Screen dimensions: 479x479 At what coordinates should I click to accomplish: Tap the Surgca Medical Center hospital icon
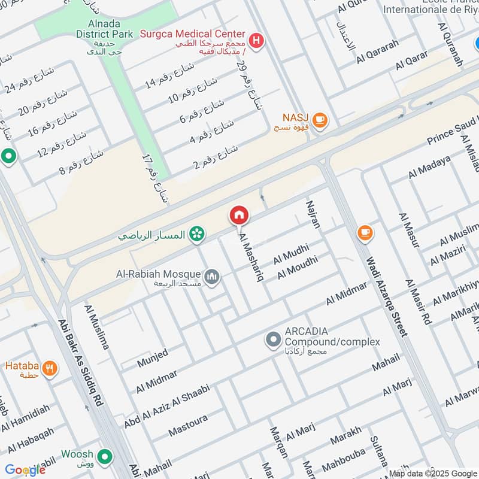(256, 41)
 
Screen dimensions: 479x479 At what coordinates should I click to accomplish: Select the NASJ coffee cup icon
(320, 120)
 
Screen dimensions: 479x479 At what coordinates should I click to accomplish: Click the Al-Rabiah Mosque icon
(212, 277)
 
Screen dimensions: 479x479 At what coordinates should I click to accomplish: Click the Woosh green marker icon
(105, 457)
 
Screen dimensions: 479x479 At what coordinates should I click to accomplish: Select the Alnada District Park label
(104, 29)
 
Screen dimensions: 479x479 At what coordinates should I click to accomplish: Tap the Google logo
(25, 469)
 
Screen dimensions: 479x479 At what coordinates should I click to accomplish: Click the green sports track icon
(195, 234)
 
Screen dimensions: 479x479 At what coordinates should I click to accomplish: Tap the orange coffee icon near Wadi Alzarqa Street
(364, 232)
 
